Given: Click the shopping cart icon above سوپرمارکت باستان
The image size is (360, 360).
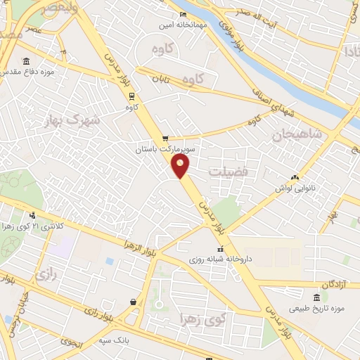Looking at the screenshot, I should (x=165, y=139).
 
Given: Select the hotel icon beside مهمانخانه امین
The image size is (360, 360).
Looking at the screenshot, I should (x=184, y=15).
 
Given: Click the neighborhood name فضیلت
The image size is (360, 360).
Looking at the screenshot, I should (x=229, y=171).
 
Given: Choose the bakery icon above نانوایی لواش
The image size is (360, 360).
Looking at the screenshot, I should (x=295, y=178).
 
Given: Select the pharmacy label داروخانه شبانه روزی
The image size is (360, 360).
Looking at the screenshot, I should (x=219, y=259).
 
